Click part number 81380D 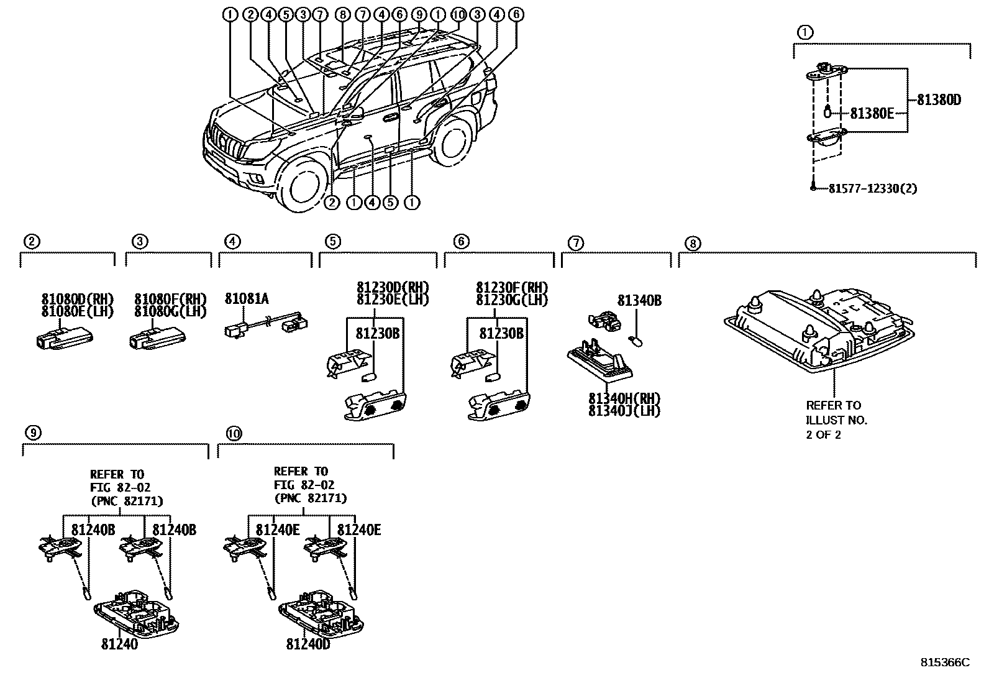[x=938, y=99]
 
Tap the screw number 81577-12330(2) [x=872, y=188]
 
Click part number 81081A [x=247, y=300]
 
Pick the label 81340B [x=639, y=301]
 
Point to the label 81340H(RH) [x=624, y=398]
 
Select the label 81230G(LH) [x=512, y=300]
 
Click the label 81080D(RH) [x=78, y=299]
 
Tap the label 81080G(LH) [x=170, y=311]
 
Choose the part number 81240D [x=308, y=644]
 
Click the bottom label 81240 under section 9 [x=119, y=644]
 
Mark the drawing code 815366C [x=944, y=662]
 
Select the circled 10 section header [x=233, y=434]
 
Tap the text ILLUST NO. [x=836, y=420]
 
